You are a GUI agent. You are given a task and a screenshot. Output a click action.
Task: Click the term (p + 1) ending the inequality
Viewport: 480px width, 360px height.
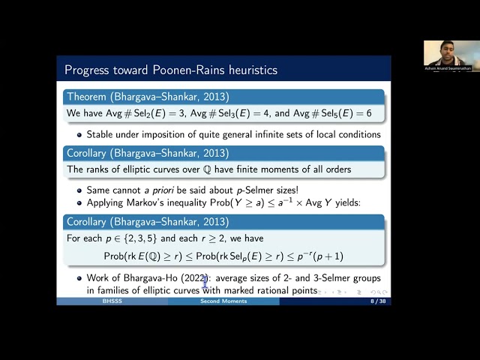327,256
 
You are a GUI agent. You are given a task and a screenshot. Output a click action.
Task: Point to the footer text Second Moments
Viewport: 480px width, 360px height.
223,301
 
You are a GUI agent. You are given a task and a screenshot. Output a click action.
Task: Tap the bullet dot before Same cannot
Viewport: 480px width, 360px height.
79,190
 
